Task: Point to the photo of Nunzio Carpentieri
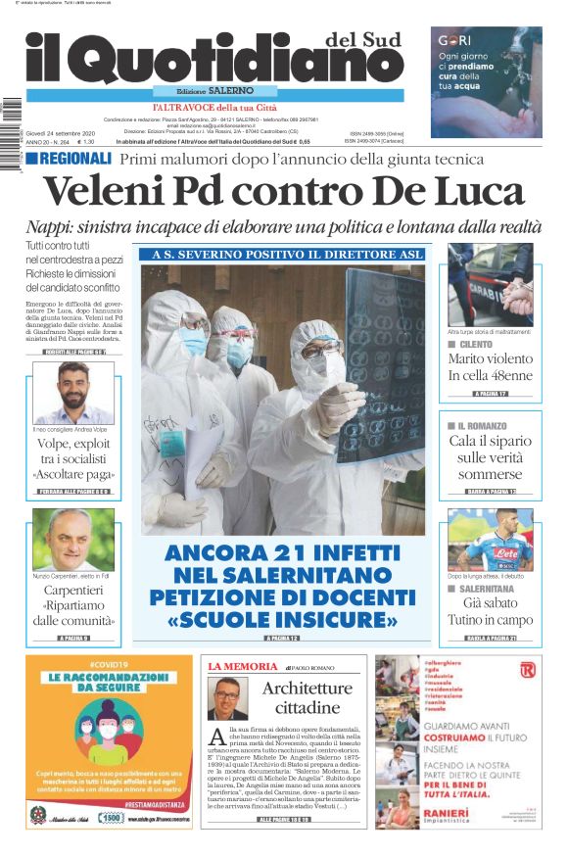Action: click(x=73, y=540)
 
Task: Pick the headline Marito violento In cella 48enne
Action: click(x=491, y=367)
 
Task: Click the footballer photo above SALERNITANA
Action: click(x=490, y=540)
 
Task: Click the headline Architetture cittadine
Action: click(x=308, y=697)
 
